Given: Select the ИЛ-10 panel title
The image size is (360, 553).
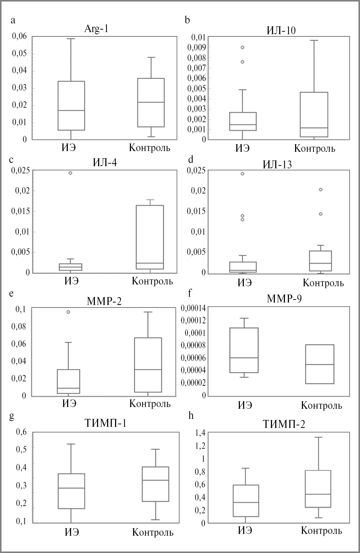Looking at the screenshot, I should point(281,30).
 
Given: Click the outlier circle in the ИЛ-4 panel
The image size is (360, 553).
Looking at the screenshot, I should point(70,173).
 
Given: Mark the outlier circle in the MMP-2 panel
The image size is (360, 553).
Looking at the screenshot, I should point(68,312).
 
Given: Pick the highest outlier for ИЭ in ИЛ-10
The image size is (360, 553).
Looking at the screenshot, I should point(242,47).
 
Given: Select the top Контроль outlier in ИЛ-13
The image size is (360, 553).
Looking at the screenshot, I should point(320,189).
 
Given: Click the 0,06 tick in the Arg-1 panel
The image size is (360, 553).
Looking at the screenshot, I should point(19,36).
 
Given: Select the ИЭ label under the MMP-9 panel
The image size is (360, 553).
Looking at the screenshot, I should point(245,405).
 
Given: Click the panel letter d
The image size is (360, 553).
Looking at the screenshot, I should point(191,160).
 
